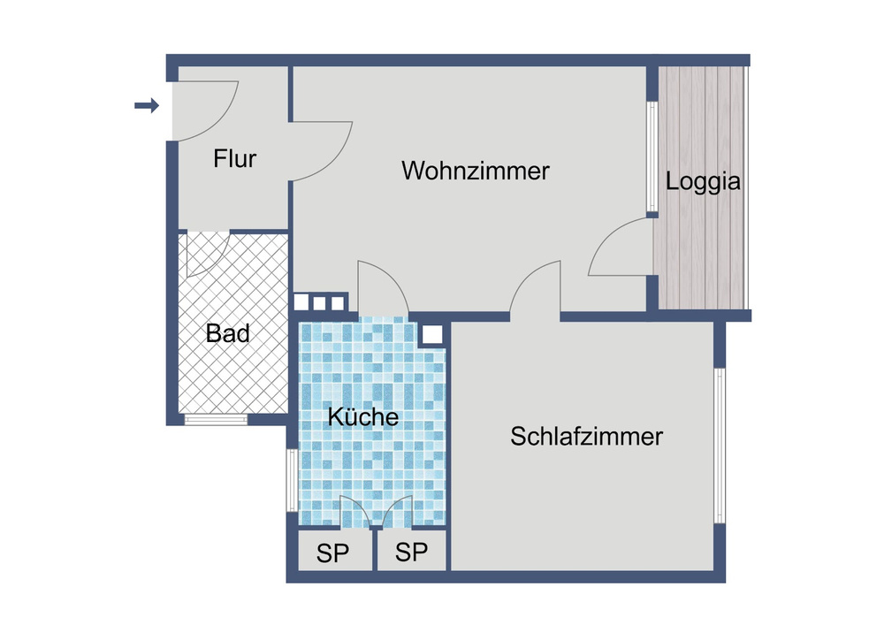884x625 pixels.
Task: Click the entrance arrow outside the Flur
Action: pos(147,105)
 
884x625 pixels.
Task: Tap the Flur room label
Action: pos(234,159)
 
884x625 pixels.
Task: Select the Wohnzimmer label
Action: pos(476,171)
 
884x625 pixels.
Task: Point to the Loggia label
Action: pos(703,182)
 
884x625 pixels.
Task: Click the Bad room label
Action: pos(228,333)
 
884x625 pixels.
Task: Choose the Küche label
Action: pos(363,417)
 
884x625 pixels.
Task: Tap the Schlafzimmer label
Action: pos(586,437)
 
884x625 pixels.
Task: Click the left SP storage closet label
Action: pos(332,553)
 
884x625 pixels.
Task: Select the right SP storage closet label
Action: pos(411,553)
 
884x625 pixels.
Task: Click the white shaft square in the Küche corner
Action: pos(432,335)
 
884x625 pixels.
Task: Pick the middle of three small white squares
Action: pos(320,303)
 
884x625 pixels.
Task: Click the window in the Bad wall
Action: pos(216,419)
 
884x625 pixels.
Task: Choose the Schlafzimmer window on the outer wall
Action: pos(720,446)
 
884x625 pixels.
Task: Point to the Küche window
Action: pos(292,480)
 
